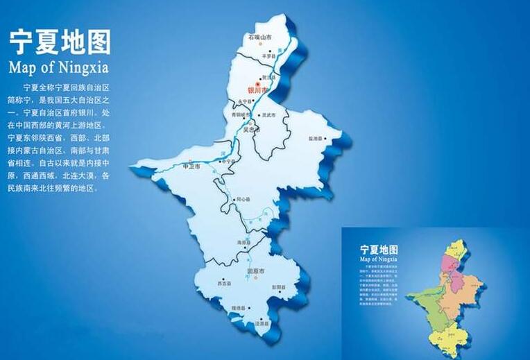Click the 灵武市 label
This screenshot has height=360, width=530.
click(x=266, y=115)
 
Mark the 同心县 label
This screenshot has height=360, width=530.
click(x=242, y=200)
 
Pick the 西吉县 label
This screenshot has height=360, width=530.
click(x=223, y=284)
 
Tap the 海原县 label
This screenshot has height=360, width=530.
click(x=243, y=243)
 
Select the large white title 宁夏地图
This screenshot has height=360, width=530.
click(x=60, y=42)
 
